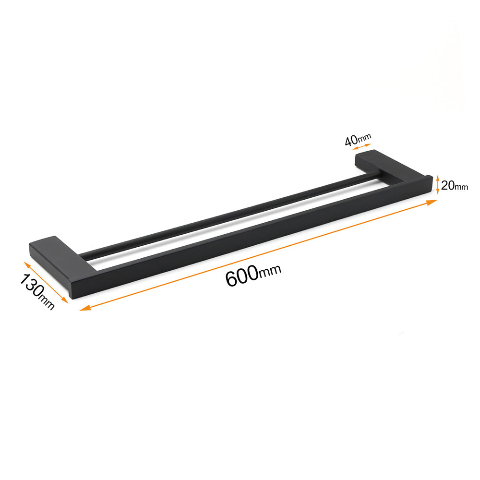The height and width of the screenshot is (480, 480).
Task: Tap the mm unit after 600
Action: (x=270, y=272)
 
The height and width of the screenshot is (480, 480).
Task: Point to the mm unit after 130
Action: (x=47, y=302)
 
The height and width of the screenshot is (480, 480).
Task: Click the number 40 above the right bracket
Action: (x=351, y=141)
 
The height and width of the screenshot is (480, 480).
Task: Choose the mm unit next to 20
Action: (x=461, y=187)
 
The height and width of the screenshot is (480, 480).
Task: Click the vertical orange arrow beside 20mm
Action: (x=437, y=184)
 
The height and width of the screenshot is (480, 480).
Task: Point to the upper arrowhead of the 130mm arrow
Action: (x=27, y=264)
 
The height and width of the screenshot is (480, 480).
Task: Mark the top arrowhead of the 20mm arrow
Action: (x=437, y=176)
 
